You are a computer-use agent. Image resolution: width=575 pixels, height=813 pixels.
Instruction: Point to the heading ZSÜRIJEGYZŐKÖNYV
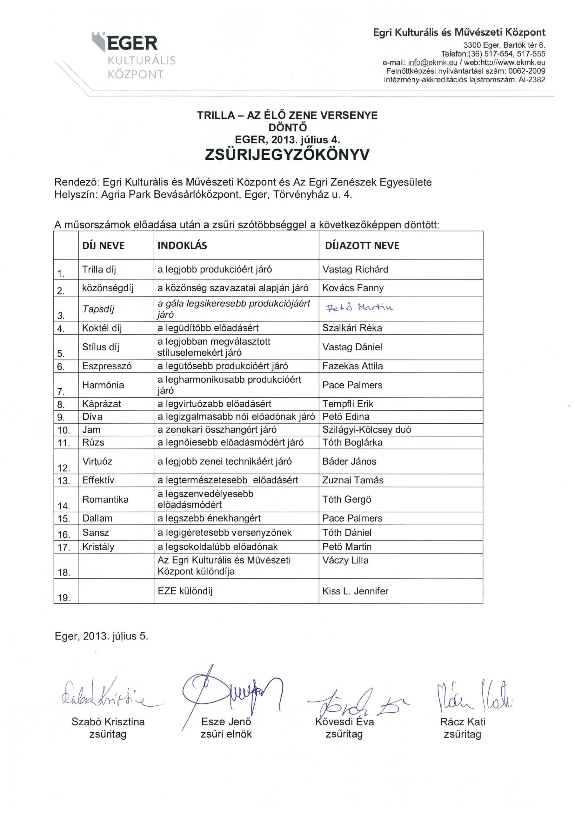coord(287,155)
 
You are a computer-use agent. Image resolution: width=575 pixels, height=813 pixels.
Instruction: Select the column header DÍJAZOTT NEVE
coord(362,246)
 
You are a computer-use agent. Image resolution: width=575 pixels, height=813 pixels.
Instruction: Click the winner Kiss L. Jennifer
coord(355,591)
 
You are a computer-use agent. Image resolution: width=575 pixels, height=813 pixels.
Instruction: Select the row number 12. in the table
coord(64,468)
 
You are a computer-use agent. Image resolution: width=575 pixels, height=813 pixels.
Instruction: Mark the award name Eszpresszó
coord(107,366)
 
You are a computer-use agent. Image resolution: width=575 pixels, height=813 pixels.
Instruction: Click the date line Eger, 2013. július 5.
coord(102,636)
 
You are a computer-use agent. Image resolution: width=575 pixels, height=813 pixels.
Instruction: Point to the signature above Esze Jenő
coord(230,692)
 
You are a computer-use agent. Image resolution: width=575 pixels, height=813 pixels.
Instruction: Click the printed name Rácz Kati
coord(462,721)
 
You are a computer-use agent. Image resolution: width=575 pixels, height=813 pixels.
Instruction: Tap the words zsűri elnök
coord(226,734)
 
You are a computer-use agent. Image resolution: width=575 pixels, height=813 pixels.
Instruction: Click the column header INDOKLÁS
coord(182,246)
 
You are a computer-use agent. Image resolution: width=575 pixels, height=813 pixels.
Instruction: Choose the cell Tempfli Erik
coord(348,404)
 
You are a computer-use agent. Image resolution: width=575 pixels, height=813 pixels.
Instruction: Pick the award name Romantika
coord(105,499)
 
